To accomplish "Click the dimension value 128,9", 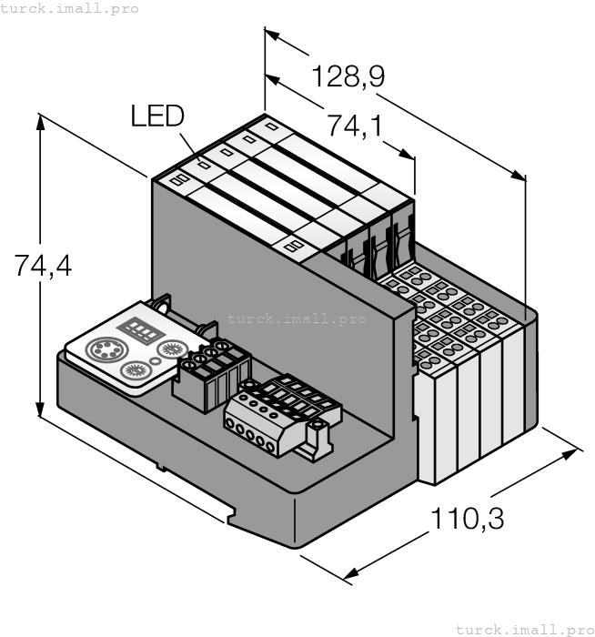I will [347, 77].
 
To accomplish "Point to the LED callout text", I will [156, 116].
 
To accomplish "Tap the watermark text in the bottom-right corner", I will [524, 629].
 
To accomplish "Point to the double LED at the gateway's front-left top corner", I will [177, 180].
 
